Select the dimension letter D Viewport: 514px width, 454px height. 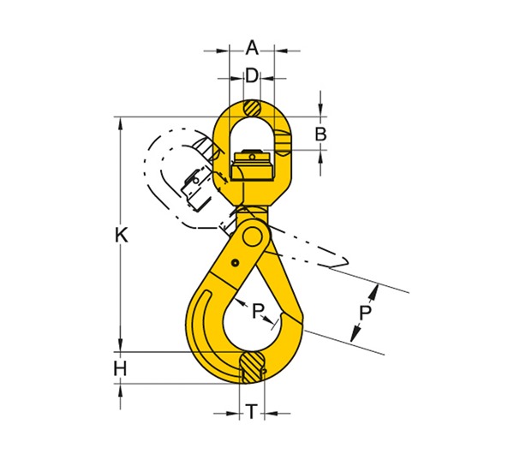click(x=251, y=75)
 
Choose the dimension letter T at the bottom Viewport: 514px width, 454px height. click(x=250, y=413)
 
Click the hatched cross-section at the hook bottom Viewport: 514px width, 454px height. click(x=251, y=366)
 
